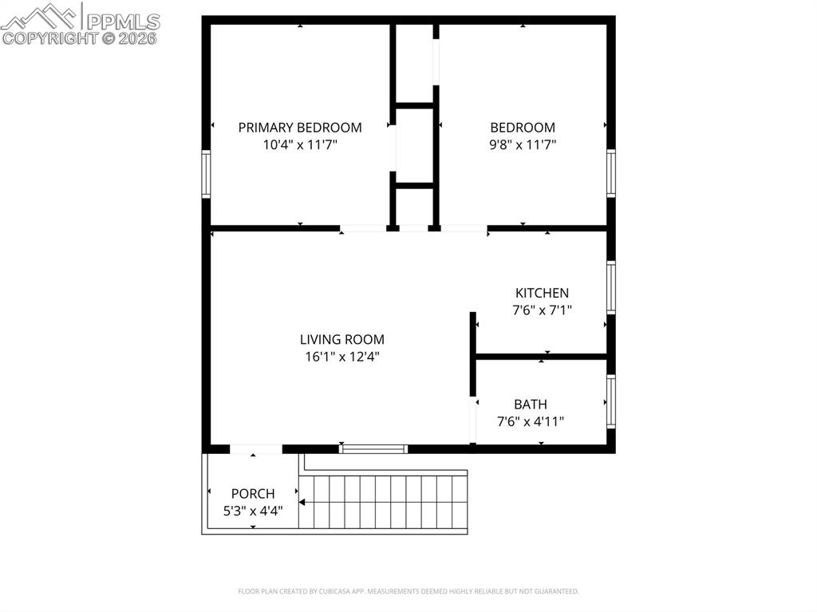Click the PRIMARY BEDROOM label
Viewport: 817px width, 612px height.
coord(300,127)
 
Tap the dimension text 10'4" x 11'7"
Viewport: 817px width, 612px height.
coord(300,144)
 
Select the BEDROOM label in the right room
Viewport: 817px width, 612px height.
coord(523,127)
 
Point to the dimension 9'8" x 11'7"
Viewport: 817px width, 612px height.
coord(523,144)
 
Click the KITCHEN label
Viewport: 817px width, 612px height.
coord(542,293)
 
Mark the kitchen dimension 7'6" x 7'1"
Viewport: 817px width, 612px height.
coord(542,310)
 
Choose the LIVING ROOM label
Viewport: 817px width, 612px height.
coord(342,339)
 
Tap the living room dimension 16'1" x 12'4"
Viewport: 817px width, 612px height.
coord(342,357)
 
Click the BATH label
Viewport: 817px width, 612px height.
coord(531,405)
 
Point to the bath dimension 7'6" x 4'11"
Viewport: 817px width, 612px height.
coord(531,422)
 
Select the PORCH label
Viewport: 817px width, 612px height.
coord(253,494)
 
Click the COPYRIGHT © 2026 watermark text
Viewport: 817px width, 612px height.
coord(80,38)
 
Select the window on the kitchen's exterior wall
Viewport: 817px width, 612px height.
coord(611,287)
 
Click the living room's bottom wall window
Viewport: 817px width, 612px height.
coord(373,448)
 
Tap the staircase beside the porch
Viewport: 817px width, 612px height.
coord(383,501)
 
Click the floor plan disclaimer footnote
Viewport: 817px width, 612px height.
coord(408,591)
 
